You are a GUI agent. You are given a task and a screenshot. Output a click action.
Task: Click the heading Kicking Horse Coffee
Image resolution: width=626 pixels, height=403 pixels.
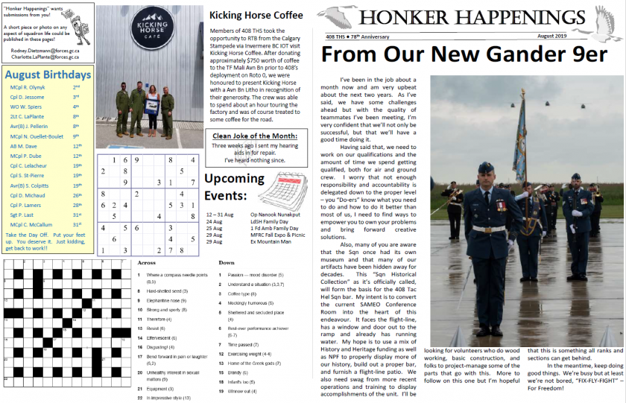pyautogui.click(x=256, y=15)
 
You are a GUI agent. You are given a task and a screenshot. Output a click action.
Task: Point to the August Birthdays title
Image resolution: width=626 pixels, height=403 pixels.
pyautogui.click(x=48, y=74)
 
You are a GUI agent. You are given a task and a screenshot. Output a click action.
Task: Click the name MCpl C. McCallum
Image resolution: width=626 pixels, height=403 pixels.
pyautogui.click(x=31, y=224)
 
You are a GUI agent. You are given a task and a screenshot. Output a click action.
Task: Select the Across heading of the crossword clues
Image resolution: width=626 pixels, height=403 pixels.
pyautogui.click(x=147, y=263)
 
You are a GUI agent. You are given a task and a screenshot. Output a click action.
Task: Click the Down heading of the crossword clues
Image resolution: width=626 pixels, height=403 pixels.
pyautogui.click(x=227, y=263)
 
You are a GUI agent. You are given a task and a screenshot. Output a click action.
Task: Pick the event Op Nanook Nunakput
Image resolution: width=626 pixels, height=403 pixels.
pyautogui.click(x=274, y=214)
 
